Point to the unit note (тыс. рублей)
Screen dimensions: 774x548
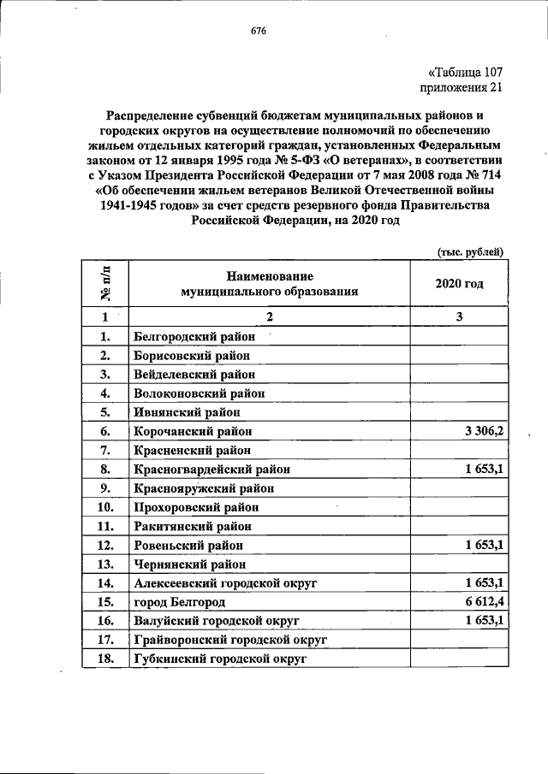coord(470,251)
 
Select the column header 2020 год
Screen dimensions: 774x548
coord(459,283)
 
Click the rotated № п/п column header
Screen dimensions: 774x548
coord(105,283)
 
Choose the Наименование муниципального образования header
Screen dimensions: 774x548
coord(269,283)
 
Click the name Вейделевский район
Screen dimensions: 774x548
coord(194,375)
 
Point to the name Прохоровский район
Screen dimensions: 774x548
coord(197,507)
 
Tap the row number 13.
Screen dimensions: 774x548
coord(105,564)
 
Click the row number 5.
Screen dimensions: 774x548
coord(105,412)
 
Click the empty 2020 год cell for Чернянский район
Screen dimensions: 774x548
coord(459,564)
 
